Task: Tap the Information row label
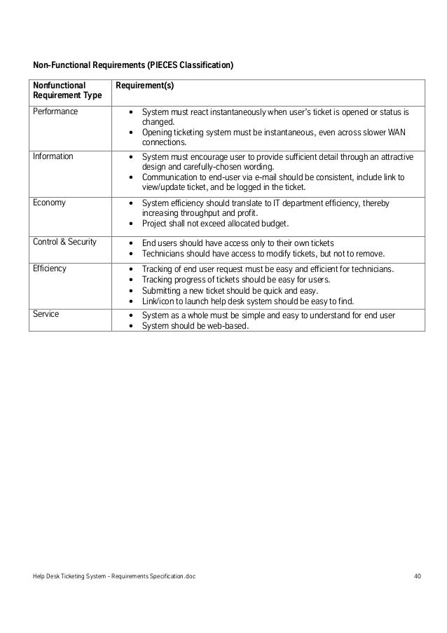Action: pyautogui.click(x=53, y=156)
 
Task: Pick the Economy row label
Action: pyautogui.click(x=50, y=203)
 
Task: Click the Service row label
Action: pyautogui.click(x=46, y=314)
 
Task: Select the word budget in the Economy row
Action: pyautogui.click(x=272, y=224)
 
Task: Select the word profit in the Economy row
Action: pyautogui.click(x=246, y=213)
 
